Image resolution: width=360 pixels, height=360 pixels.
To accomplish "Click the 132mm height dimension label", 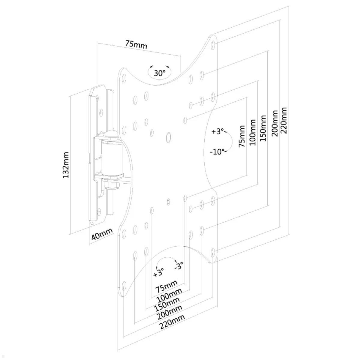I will point(66,165).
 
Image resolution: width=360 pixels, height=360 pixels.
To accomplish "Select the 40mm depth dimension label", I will point(102,234).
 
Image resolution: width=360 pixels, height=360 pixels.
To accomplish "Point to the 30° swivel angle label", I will point(160,73).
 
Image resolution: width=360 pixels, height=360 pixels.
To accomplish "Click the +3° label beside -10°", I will point(218,131).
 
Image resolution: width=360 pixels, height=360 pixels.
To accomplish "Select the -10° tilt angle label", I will point(218,151).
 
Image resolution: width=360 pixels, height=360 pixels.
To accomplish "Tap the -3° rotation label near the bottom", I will point(179,265).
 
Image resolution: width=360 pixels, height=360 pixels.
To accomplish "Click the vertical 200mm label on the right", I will point(274,123).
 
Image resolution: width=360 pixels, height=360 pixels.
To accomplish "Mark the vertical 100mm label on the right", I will point(253,133).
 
